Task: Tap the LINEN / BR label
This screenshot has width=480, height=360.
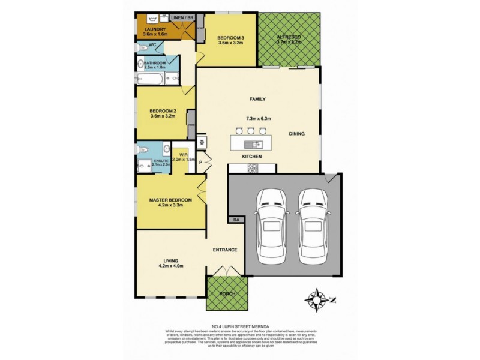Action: [x=182, y=18]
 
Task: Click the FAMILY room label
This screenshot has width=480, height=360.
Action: [x=257, y=99]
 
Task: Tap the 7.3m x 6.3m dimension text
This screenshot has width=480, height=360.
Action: [x=257, y=119]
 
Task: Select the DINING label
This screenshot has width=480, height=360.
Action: [x=297, y=134]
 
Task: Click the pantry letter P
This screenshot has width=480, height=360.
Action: [x=202, y=161]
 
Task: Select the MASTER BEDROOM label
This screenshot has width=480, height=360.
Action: [x=170, y=199]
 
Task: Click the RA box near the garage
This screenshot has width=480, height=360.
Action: [x=236, y=221]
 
